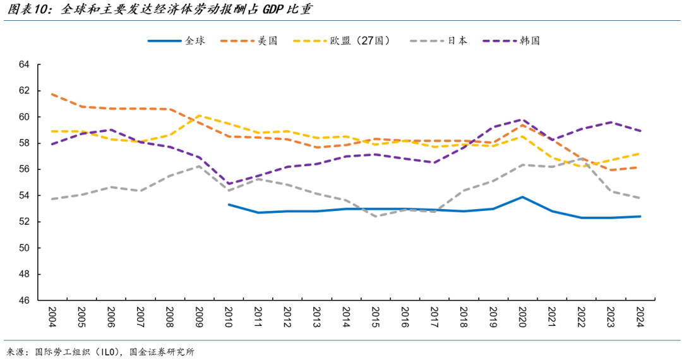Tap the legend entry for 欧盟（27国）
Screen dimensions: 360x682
tap(359, 40)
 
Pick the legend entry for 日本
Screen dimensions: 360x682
tap(458, 40)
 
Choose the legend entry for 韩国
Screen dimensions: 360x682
tap(530, 40)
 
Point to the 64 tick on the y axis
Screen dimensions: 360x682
tap(25, 64)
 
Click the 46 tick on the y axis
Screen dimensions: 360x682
tap(25, 301)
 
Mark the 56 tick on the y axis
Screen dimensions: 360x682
tap(25, 169)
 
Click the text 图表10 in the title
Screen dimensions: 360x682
tap(28, 11)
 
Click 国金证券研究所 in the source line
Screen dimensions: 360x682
tap(162, 352)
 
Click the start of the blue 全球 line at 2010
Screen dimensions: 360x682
tap(229, 205)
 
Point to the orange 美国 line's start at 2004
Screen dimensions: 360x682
tap(52, 94)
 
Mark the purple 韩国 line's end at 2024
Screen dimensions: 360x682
tap(640, 131)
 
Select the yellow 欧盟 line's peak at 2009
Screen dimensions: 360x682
tap(199, 116)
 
